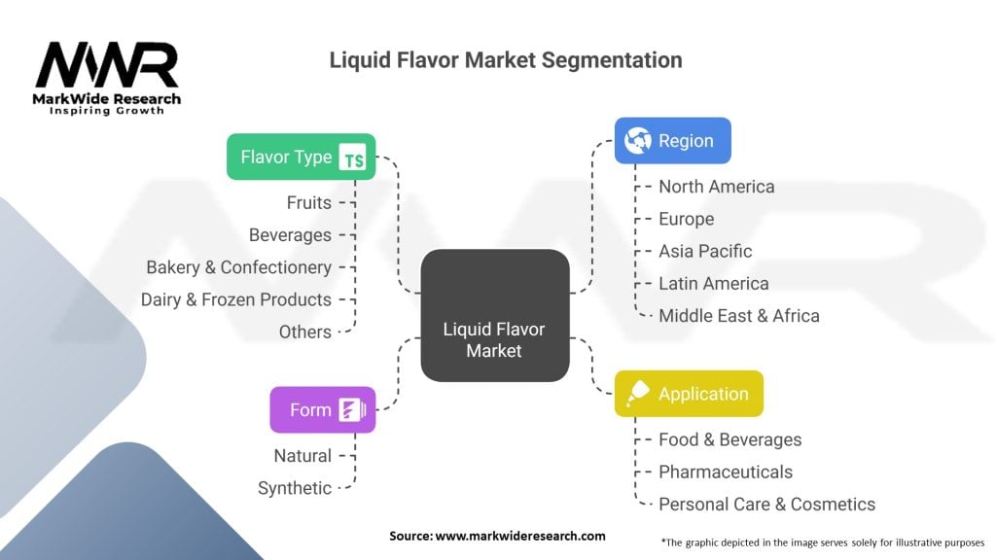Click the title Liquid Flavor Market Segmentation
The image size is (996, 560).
[505, 60]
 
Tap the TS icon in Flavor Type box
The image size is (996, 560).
[352, 157]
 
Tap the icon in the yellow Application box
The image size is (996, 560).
[638, 394]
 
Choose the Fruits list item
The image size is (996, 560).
[308, 203]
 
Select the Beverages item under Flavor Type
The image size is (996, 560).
[290, 235]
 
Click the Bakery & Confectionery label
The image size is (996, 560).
[238, 267]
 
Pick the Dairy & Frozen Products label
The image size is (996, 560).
[235, 299]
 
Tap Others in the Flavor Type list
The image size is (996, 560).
[304, 332]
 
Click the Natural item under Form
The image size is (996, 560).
[302, 456]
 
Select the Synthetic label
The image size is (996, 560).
[294, 488]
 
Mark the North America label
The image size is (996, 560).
[716, 187]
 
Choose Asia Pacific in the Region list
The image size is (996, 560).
[705, 251]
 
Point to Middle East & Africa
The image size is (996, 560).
[738, 316]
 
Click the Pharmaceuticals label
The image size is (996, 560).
[725, 472]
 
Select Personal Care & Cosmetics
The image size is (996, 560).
[766, 505]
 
